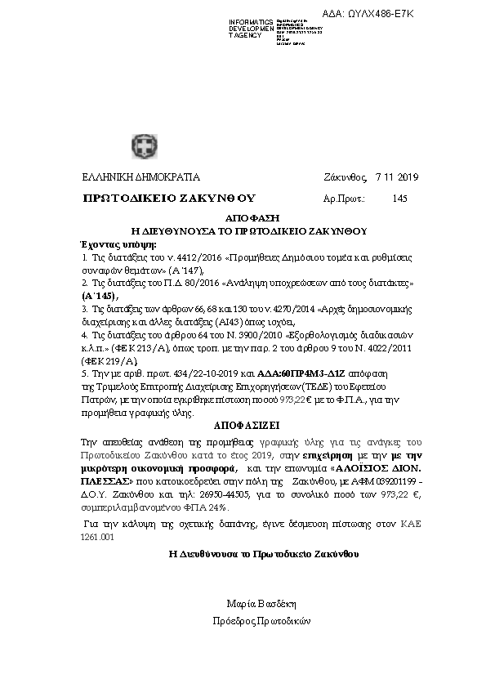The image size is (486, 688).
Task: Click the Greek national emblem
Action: coord(140,147)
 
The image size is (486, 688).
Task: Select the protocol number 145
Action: coord(399,199)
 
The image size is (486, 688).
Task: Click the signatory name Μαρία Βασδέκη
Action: coord(259,604)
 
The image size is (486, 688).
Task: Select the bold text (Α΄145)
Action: coord(100,295)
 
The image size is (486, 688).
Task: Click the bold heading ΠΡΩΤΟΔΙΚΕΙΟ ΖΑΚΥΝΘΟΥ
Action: coord(170,199)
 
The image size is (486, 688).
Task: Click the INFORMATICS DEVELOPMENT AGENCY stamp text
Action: coord(251,29)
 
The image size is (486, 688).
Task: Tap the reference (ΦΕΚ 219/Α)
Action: coord(104,360)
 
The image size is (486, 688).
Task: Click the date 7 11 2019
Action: coord(396,177)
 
